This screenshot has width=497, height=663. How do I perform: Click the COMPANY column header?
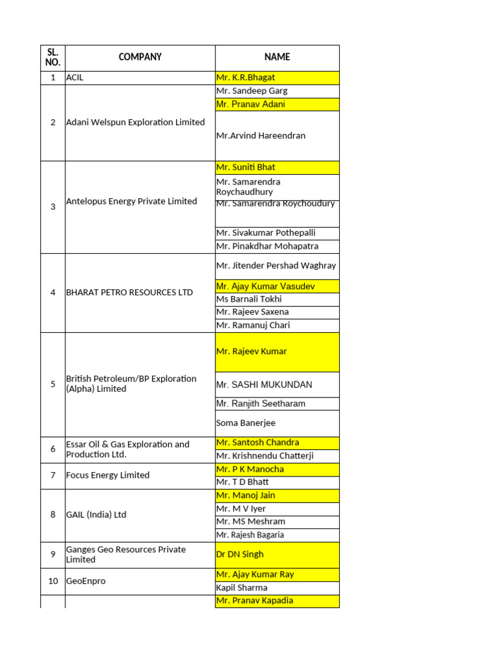click(140, 57)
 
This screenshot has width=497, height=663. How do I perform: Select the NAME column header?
click(277, 57)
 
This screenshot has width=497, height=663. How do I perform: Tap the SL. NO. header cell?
click(53, 57)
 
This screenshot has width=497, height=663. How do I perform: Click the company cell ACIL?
click(75, 78)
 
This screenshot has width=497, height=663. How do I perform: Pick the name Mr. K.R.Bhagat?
click(245, 78)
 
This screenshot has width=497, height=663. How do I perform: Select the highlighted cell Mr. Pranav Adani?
click(250, 104)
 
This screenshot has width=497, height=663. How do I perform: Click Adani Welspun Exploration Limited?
click(135, 122)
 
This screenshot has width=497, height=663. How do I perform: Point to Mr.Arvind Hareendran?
click(261, 136)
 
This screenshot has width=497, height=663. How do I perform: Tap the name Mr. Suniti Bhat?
click(245, 168)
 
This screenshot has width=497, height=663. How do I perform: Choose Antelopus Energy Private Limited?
click(131, 201)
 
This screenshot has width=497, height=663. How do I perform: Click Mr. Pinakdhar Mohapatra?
click(267, 247)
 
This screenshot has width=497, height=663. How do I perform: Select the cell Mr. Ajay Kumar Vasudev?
click(265, 286)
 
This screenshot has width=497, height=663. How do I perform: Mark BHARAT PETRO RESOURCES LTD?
click(129, 293)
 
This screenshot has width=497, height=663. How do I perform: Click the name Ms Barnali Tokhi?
click(249, 299)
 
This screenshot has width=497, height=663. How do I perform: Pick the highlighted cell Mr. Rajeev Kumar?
click(251, 352)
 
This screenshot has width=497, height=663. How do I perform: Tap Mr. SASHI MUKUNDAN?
click(264, 385)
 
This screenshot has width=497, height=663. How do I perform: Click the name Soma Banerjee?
click(246, 423)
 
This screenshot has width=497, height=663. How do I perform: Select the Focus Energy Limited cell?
click(107, 475)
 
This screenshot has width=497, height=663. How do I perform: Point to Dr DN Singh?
click(240, 555)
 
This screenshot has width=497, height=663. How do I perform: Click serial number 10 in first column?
click(53, 581)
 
